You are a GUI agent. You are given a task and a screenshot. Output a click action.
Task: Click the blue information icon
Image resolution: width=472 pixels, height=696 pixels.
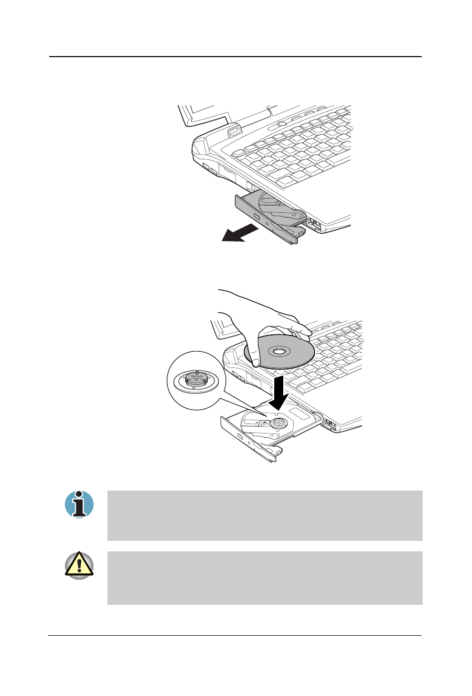point(79,505)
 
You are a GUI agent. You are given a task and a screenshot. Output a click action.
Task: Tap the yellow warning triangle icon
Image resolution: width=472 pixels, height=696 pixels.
point(79,565)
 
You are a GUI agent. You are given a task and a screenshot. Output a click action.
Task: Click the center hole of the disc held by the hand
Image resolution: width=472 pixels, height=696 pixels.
point(279,350)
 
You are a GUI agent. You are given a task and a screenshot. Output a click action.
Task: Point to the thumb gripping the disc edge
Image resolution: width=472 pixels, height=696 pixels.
point(255,362)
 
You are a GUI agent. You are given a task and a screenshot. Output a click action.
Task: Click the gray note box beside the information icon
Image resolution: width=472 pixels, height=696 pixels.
point(265,515)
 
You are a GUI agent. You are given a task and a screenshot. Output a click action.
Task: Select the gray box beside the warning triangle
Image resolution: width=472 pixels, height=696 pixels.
point(265,578)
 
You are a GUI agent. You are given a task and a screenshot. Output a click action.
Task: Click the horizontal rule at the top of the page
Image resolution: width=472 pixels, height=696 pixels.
point(236,57)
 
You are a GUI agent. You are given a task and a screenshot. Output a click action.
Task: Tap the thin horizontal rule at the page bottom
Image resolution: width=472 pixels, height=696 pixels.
point(236,636)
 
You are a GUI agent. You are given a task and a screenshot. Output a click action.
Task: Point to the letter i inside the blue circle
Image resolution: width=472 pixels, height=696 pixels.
point(79,505)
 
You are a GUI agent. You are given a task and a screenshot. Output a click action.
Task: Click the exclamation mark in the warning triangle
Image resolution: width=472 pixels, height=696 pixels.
point(79,567)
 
